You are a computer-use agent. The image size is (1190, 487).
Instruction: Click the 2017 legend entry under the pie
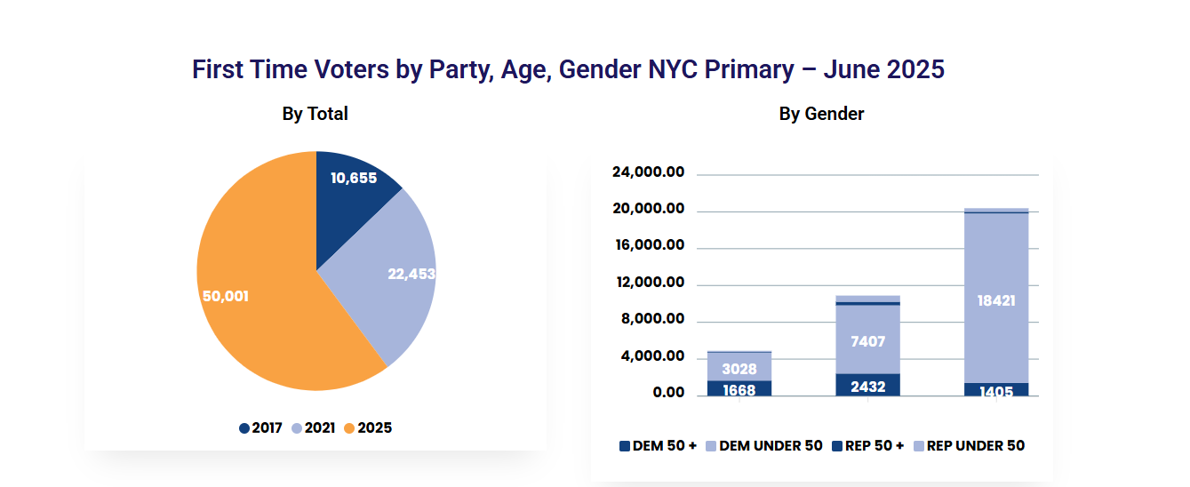tap(260, 428)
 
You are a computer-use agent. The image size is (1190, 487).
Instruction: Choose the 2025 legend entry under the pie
tap(367, 428)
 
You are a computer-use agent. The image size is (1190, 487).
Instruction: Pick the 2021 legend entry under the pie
tap(313, 428)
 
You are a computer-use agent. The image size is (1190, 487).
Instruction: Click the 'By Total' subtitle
tap(315, 114)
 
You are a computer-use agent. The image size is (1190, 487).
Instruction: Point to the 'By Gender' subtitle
tap(821, 114)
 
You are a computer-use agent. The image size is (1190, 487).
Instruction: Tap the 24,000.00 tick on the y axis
tap(648, 172)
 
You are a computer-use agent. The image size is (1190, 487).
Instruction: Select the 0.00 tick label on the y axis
tap(667, 393)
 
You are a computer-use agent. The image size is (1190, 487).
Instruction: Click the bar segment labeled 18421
tap(995, 300)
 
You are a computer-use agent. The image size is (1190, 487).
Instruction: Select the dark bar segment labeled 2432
tap(867, 386)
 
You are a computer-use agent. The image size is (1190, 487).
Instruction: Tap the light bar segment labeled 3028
tap(739, 368)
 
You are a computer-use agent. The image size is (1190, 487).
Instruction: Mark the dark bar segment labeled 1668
tap(739, 389)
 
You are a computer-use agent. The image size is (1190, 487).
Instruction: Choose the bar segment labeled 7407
tap(867, 340)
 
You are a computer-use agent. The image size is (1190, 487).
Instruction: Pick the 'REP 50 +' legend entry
tap(867, 446)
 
